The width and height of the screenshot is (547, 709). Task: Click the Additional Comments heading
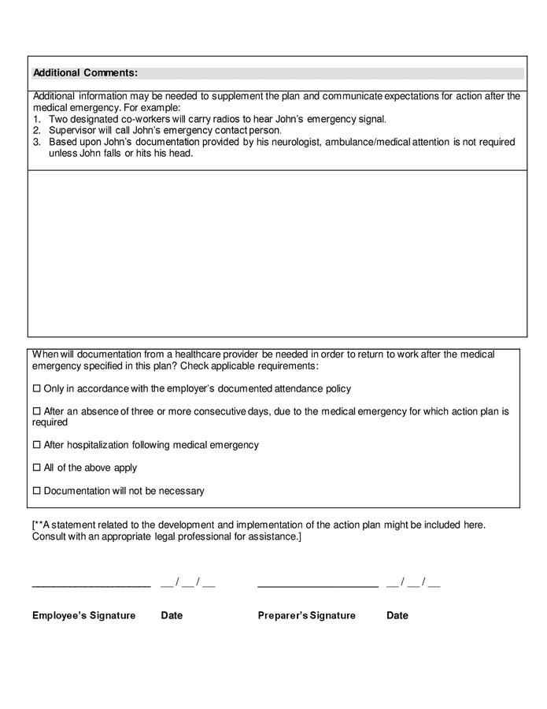(85, 73)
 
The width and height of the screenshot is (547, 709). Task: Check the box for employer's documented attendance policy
(36, 389)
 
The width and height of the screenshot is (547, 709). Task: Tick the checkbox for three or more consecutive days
(36, 412)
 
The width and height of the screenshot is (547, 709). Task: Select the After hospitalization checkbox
(36, 445)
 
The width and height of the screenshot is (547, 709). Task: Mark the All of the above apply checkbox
(36, 468)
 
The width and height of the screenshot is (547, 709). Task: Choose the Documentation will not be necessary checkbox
(36, 492)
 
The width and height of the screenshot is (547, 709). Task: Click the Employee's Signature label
(83, 615)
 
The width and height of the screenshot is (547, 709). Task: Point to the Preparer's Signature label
(306, 615)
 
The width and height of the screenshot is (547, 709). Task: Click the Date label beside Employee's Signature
(172, 615)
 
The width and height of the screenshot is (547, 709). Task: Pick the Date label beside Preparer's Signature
(397, 615)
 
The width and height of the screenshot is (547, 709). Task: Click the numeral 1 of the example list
(36, 120)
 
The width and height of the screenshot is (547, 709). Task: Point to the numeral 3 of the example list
(36, 143)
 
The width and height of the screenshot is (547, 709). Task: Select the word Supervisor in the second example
(72, 131)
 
